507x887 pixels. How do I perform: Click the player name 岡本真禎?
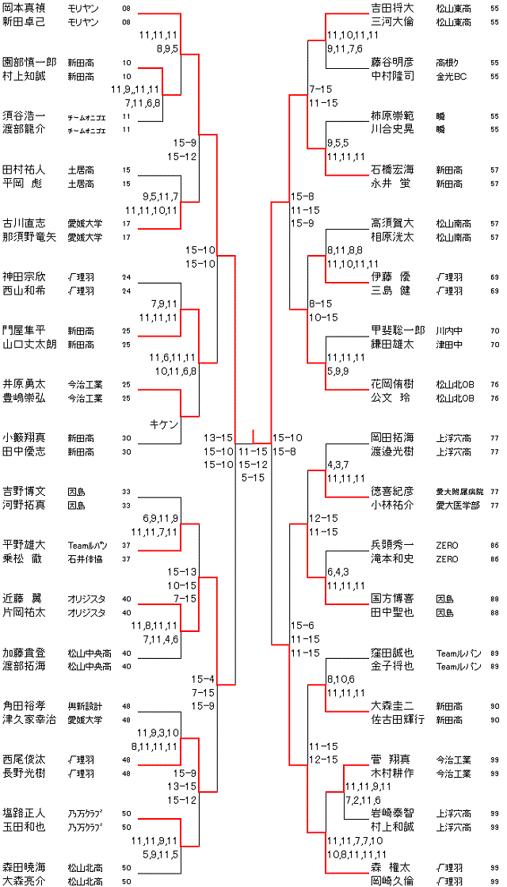(x=25, y=8)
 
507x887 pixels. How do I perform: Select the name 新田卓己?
(x=25, y=22)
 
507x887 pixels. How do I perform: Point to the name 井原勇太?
(x=25, y=383)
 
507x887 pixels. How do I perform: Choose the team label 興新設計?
(x=85, y=706)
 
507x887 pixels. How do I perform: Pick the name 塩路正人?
(x=25, y=813)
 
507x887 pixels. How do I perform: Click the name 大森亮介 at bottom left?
(x=25, y=881)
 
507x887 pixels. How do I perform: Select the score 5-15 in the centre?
(x=253, y=477)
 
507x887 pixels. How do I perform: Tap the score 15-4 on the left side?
(x=204, y=679)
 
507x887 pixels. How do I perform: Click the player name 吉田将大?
(x=393, y=8)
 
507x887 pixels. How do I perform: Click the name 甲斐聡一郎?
(x=398, y=329)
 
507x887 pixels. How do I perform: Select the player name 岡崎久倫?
(x=393, y=881)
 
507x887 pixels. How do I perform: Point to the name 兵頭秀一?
(x=393, y=545)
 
